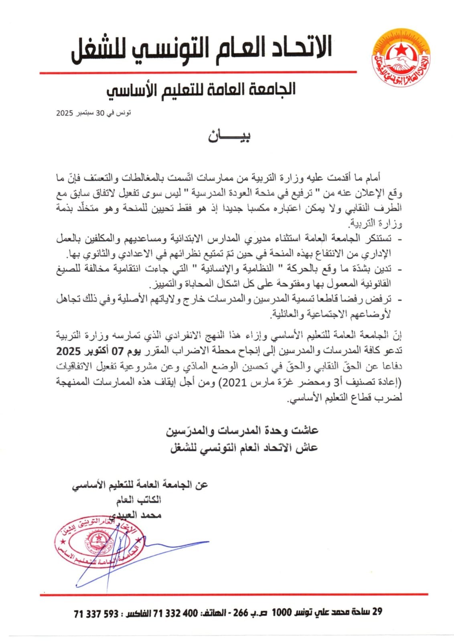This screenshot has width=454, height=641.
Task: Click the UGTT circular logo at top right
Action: [400, 56]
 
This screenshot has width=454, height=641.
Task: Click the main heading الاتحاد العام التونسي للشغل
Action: [201, 50]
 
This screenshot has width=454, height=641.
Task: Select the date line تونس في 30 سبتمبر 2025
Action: [93, 113]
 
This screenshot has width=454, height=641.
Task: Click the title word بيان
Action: [229, 136]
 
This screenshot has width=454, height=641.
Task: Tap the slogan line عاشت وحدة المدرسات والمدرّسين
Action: [242, 431]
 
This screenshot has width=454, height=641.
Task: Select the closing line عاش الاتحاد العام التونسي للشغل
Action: [244, 448]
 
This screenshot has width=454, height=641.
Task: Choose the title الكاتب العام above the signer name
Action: [139, 500]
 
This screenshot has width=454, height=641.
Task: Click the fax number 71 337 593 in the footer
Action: [96, 614]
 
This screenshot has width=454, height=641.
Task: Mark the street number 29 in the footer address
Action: [377, 612]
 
